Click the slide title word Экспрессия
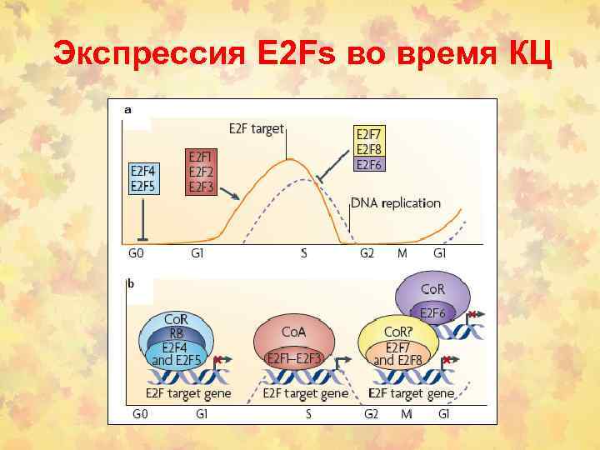tap(147, 54)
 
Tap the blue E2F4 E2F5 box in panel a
tap(144, 178)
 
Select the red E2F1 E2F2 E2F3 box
tap(200, 172)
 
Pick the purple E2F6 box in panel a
tap(368, 165)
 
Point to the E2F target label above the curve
tap(257, 129)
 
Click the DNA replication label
tap(396, 202)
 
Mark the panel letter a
tap(127, 109)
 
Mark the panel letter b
tap(130, 283)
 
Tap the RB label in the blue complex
tap(176, 333)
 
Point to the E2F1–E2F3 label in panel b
tap(294, 358)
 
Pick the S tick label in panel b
tap(307, 413)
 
